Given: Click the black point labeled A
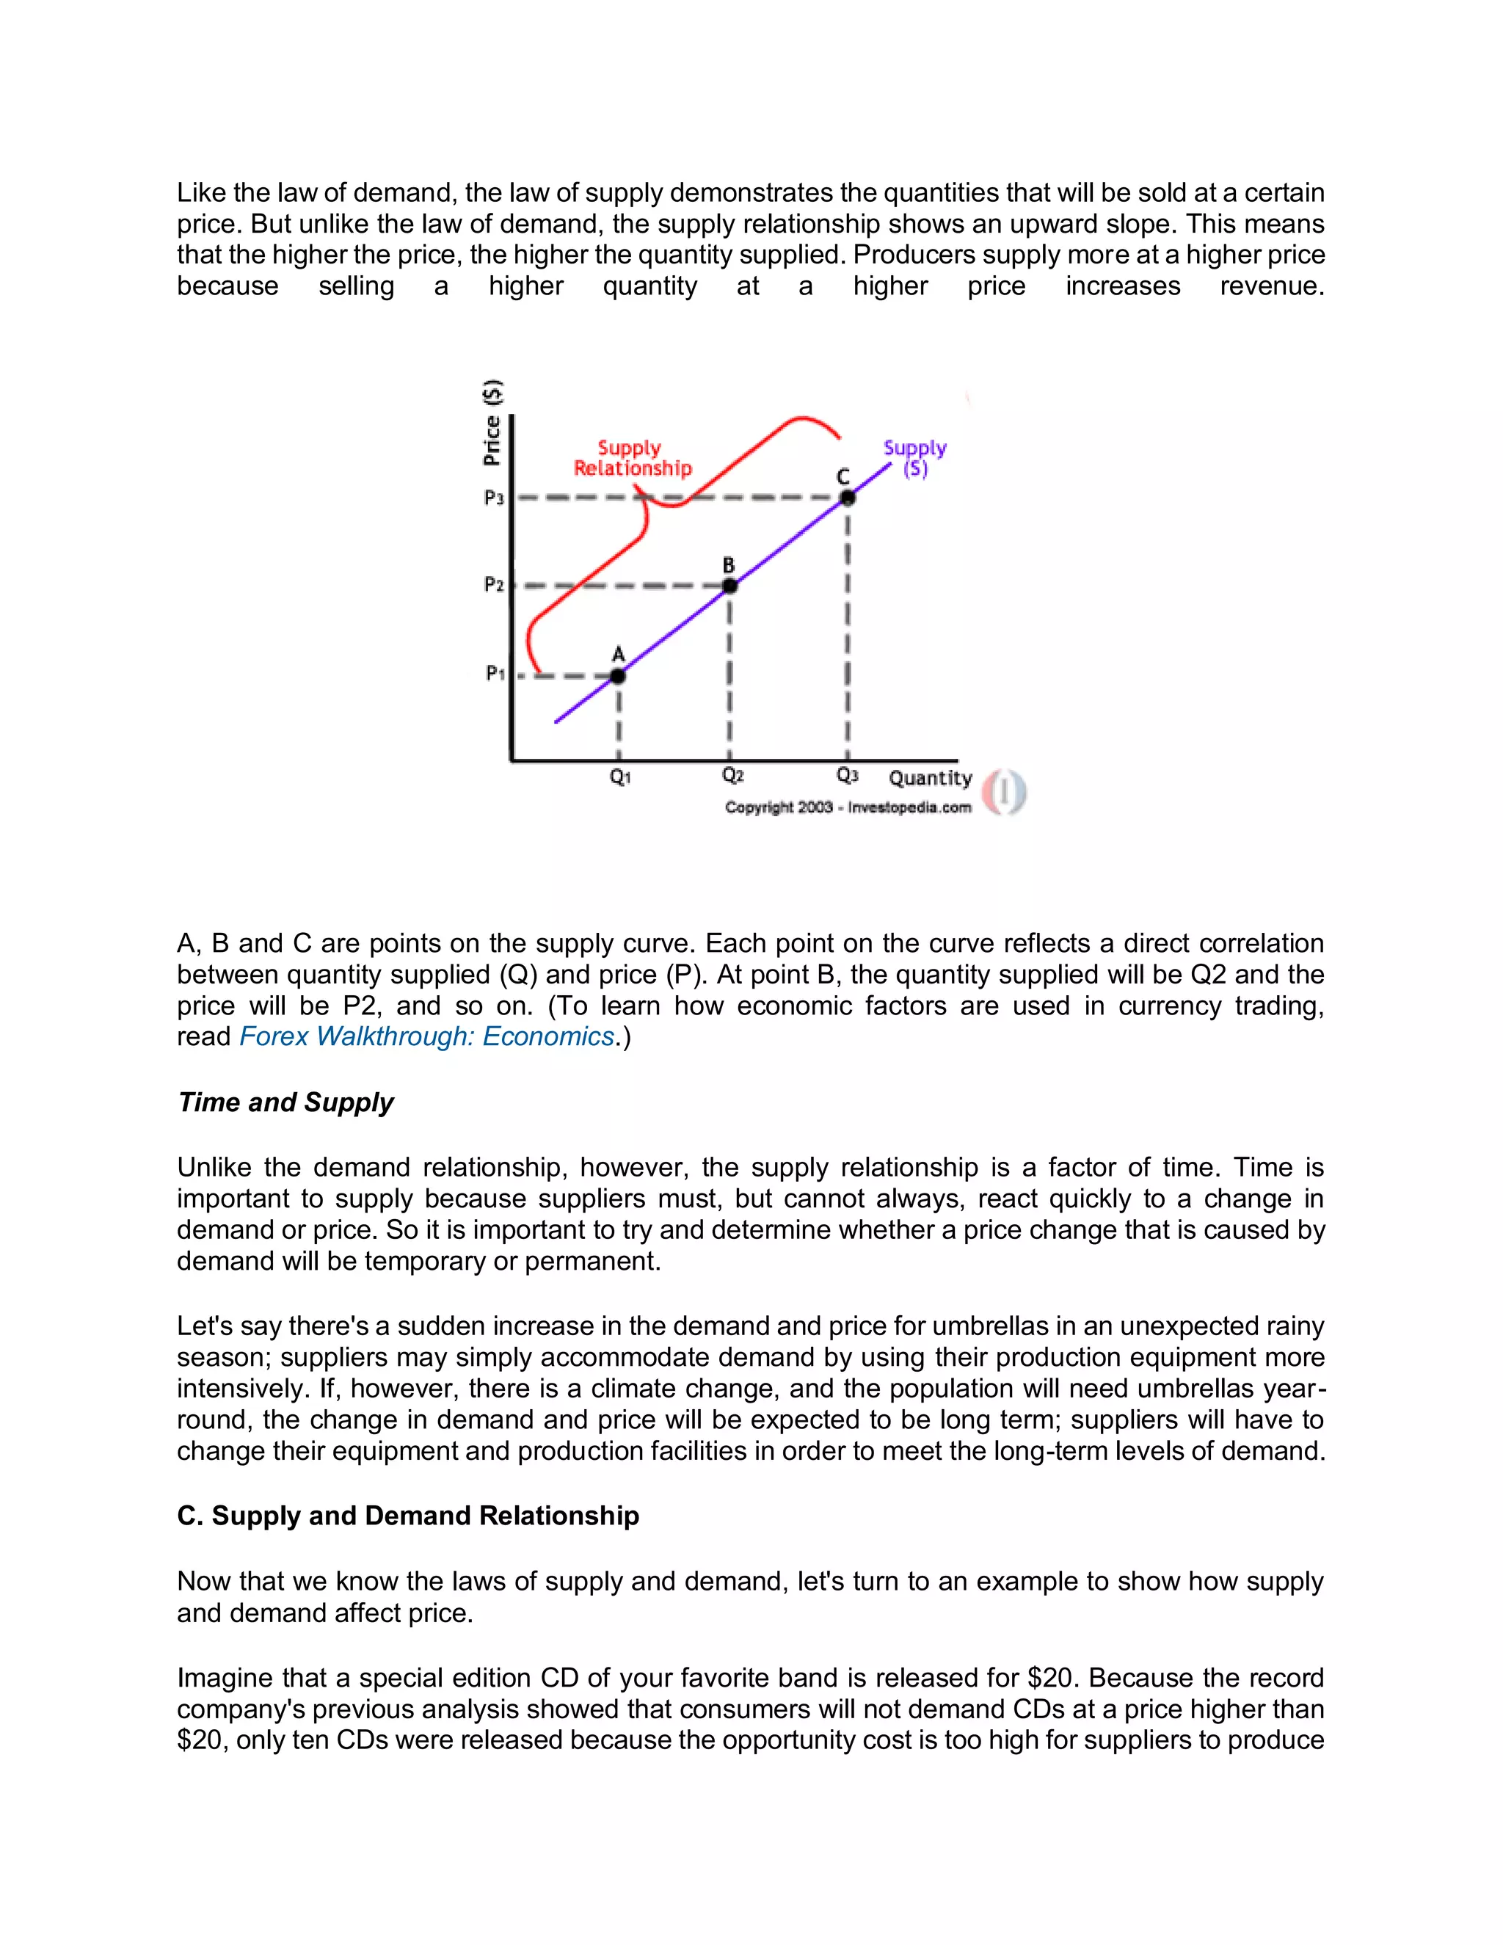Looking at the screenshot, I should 618,676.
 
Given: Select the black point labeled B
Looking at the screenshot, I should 729,586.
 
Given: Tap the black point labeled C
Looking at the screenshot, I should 848,498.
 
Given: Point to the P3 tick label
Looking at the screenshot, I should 494,498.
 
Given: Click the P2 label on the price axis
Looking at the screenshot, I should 494,584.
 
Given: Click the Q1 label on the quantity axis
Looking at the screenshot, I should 619,777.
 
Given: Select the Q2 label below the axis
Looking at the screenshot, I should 732,776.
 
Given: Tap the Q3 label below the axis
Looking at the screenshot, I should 847,776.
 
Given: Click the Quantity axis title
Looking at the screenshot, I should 931,778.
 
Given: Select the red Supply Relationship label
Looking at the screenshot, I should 631,458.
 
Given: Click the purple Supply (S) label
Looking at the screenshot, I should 914,458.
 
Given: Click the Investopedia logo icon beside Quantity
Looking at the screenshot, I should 1005,792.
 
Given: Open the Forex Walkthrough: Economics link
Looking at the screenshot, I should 426,1036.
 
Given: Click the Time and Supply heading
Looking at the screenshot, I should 285,1102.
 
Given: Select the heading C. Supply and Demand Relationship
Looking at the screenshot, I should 408,1516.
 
